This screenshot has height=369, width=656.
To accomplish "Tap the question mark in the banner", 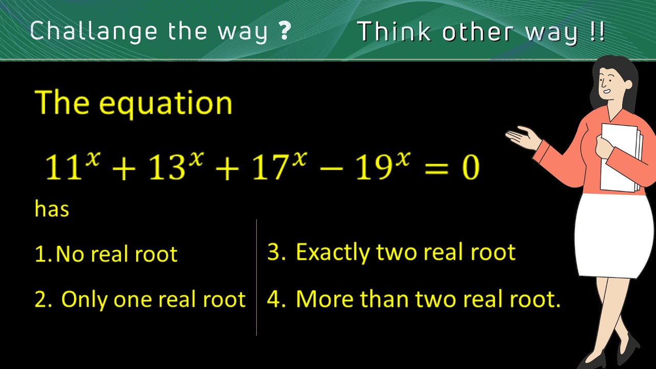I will click(285, 32).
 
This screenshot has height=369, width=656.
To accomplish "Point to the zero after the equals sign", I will click(469, 168).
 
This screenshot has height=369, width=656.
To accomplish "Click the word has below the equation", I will click(52, 209).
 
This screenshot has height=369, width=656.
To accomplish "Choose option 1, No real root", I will click(106, 254).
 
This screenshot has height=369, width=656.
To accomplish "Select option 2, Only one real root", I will click(140, 299).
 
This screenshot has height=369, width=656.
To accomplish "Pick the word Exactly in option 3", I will click(333, 252).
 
